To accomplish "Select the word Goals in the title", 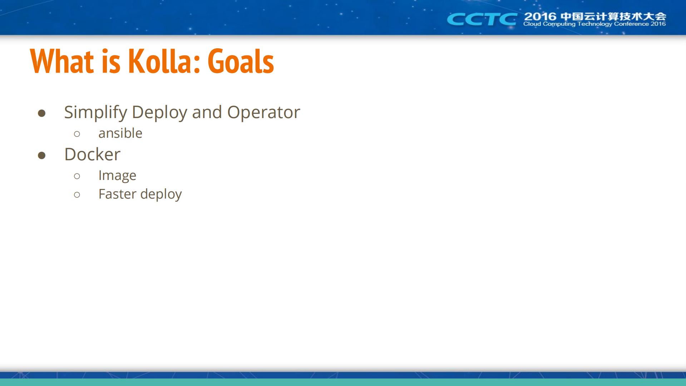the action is click(241, 61).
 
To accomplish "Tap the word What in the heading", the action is click(62, 61).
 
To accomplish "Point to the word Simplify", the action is click(95, 113).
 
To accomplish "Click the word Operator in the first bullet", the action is click(263, 113).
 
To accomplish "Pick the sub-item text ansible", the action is click(120, 133).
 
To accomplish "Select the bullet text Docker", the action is click(92, 154).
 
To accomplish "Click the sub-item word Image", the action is click(117, 176).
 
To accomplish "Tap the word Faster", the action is click(117, 194).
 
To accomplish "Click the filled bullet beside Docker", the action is click(41, 155).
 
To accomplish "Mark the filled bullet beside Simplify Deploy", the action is click(41, 113).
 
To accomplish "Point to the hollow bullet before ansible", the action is click(77, 134).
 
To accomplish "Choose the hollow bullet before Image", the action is click(77, 176).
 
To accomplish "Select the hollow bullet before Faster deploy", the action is click(77, 195).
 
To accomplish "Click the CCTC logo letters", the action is click(482, 19).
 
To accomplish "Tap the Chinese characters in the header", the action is click(613, 16).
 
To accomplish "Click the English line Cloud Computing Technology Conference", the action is click(586, 24).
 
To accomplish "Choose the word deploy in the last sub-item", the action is click(161, 194).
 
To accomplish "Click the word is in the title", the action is click(111, 61).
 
